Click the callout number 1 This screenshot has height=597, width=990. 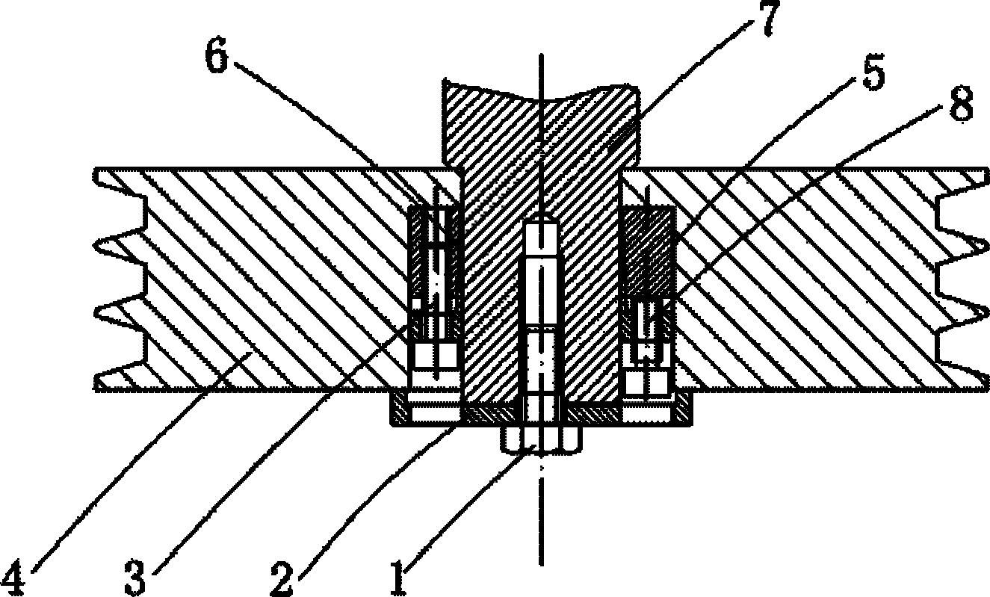tap(399, 577)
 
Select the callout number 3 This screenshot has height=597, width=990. tap(134, 578)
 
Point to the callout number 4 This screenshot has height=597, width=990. tap(13, 578)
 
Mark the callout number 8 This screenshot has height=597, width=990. tap(962, 104)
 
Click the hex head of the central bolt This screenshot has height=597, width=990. tap(541, 439)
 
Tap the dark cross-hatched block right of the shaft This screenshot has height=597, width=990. tap(649, 253)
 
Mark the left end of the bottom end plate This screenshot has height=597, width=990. tap(390, 409)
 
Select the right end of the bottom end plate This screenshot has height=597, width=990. tap(691, 409)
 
